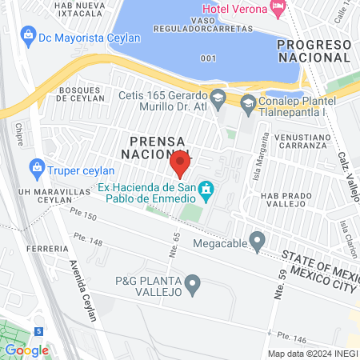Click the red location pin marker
pyautogui.click(x=180, y=165)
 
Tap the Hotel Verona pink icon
pyautogui.click(x=278, y=9)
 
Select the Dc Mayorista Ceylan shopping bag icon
pyautogui.click(x=29, y=36)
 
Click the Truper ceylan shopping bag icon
pyautogui.click(x=36, y=169)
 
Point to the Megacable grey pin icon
pyautogui.click(x=257, y=239)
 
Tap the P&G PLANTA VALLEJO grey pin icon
pyautogui.click(x=192, y=282)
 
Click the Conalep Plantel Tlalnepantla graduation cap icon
pyautogui.click(x=249, y=103)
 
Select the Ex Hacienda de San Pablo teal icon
pyautogui.click(x=206, y=190)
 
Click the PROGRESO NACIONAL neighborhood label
pyautogui.click(x=314, y=50)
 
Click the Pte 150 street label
pyautogui.click(x=82, y=217)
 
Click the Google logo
pyautogui.click(x=26, y=350)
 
